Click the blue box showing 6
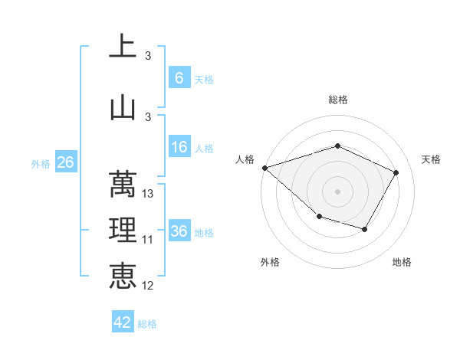click(x=179, y=77)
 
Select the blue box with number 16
click(x=179, y=147)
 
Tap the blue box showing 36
click(x=179, y=231)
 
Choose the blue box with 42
click(x=123, y=322)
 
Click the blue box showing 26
click(x=65, y=162)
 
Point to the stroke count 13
click(x=149, y=194)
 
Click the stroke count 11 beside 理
click(x=148, y=240)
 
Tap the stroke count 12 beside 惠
click(x=148, y=286)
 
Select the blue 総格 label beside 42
click(x=147, y=323)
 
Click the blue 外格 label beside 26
click(x=40, y=163)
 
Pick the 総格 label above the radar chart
click(x=337, y=100)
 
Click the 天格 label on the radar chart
click(x=431, y=159)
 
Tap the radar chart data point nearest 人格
click(x=264, y=168)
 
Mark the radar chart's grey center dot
click(x=337, y=191)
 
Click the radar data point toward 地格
click(x=365, y=229)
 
